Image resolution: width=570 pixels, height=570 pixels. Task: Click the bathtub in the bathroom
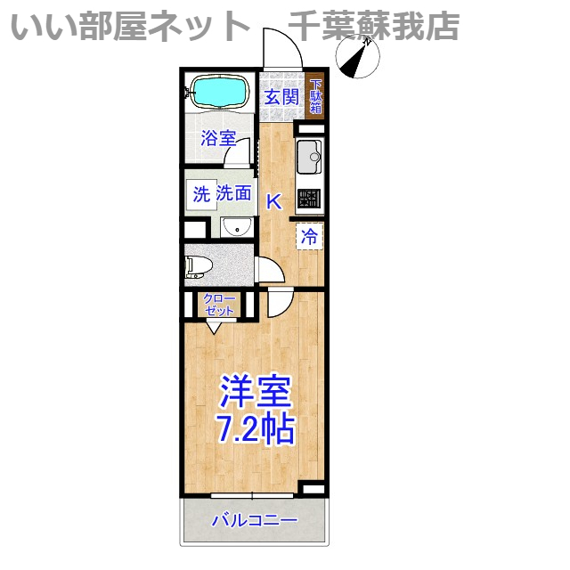(219, 91)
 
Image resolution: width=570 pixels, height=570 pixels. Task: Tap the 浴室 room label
(218, 139)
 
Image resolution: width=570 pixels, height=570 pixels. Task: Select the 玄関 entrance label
(281, 96)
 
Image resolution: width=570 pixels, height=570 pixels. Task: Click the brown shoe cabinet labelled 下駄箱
(315, 94)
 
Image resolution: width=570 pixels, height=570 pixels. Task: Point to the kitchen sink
(308, 158)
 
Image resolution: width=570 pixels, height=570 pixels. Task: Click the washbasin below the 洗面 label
(235, 228)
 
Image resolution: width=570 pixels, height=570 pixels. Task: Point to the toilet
(198, 265)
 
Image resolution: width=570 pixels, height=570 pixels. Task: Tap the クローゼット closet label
(219, 305)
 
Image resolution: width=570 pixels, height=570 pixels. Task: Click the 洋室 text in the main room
(255, 392)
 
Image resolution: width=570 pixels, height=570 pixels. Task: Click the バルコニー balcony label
(254, 521)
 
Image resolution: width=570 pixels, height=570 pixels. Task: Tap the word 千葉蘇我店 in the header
(374, 26)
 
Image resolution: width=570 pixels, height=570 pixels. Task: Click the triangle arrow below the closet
(213, 327)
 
